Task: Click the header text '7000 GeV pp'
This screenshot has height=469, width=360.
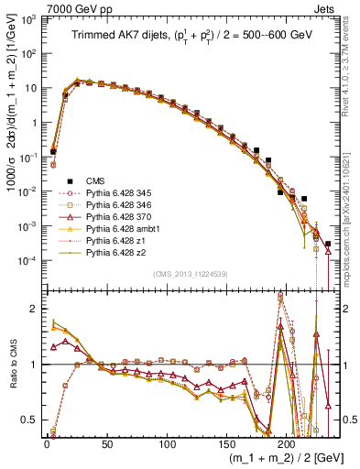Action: tap(76, 8)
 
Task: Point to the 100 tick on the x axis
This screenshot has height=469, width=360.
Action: tap(167, 442)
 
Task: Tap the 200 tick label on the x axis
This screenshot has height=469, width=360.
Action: tap(287, 442)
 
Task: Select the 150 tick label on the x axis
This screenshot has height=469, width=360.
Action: tap(226, 442)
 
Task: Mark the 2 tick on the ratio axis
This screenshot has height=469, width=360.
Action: tap(35, 308)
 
